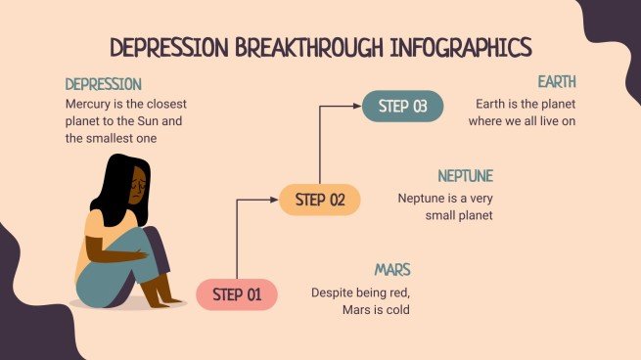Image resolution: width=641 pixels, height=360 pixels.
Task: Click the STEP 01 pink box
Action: pos(238,294)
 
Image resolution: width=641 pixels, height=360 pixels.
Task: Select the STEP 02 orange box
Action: pos(320,201)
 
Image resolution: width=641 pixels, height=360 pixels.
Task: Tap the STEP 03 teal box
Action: pos(403,107)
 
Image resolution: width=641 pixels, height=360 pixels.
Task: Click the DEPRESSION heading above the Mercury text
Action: pos(104,84)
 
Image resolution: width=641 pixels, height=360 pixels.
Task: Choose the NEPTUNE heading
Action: pos(465,176)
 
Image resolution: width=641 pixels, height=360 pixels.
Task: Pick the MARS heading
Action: pos(391,270)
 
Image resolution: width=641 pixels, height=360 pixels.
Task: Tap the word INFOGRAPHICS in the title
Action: pos(459,47)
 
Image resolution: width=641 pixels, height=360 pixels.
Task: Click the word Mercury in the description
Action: pos(91,103)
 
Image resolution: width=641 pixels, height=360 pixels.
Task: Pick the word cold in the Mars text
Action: pos(395,310)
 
